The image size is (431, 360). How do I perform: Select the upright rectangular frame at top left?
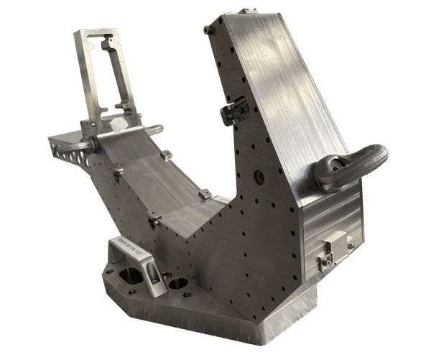point(106,76)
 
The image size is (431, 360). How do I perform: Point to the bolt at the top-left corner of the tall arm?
point(208,30)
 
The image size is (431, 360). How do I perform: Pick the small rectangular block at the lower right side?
point(335,246)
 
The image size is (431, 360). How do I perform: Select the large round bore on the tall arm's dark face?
point(259,177)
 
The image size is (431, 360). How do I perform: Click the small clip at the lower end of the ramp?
point(205,194)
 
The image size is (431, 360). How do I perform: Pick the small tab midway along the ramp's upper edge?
point(166,154)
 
